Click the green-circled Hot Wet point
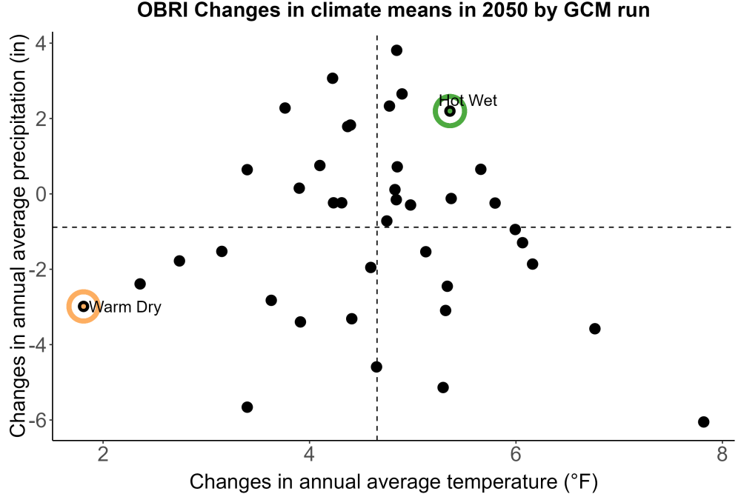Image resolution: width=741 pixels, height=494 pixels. click(x=450, y=111)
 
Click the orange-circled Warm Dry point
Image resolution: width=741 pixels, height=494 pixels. click(x=84, y=307)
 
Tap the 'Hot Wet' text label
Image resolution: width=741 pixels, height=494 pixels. click(x=468, y=101)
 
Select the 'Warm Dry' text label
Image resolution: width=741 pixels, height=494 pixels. click(x=125, y=307)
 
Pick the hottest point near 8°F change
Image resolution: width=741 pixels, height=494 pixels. click(x=704, y=421)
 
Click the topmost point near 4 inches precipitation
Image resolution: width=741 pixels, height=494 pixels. click(x=396, y=50)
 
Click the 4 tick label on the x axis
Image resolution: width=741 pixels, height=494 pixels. click(x=309, y=454)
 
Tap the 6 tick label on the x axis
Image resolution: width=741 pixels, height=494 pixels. click(x=516, y=454)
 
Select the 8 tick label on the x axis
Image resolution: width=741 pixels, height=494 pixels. click(x=722, y=454)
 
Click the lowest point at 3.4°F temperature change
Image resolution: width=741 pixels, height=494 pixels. click(x=247, y=407)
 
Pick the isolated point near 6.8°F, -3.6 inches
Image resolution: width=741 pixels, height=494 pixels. click(x=595, y=329)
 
